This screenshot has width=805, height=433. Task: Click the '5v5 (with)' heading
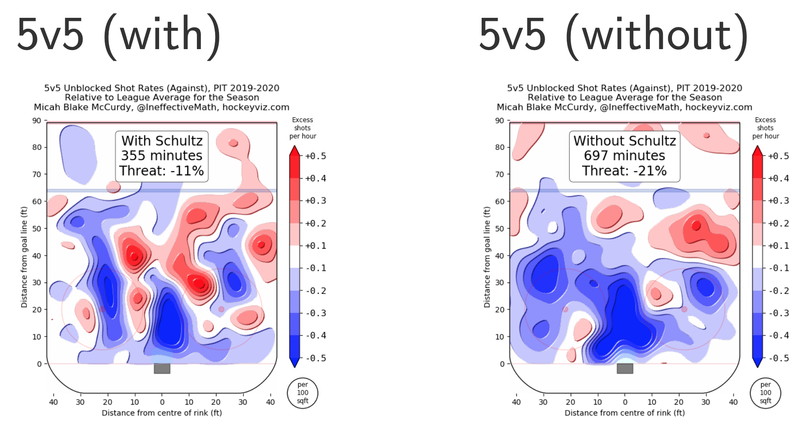tap(119, 35)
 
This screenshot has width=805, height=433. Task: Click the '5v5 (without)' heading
tap(613, 35)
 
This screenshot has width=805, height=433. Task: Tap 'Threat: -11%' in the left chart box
tap(162, 171)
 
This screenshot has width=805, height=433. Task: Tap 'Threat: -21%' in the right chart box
tap(624, 171)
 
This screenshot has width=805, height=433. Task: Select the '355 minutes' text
tap(162, 156)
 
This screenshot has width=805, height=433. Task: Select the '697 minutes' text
tap(624, 156)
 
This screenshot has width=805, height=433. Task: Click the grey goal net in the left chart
tap(162, 369)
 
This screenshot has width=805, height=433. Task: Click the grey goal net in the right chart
tap(625, 369)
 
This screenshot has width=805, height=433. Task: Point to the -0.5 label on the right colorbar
tap(778, 359)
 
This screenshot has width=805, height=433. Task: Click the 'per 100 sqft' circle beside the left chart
tap(303, 393)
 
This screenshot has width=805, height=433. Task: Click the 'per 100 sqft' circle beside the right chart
tap(765, 393)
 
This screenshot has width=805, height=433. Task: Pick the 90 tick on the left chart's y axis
tap(37, 121)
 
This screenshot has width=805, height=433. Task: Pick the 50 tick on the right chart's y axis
tap(500, 229)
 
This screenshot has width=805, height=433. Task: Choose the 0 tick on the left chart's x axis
tap(162, 402)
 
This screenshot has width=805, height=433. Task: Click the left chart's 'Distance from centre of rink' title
tap(162, 413)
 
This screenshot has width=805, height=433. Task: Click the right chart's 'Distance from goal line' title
tap(487, 257)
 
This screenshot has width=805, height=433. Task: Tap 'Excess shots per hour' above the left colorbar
tap(303, 128)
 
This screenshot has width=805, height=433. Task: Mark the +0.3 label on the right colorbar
tap(778, 201)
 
